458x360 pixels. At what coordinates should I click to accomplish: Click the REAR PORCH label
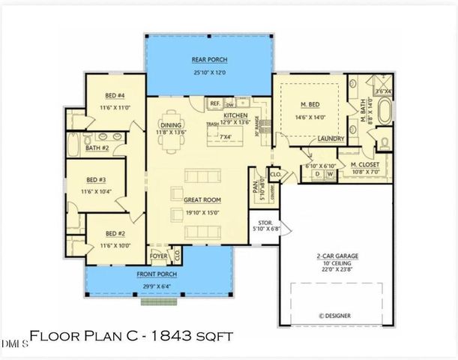[208, 60]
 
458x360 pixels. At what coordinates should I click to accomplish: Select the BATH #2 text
[97, 148]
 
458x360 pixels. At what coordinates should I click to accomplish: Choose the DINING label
[170, 125]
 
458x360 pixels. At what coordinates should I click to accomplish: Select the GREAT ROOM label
[201, 200]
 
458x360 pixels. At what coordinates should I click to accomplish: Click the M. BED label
[311, 104]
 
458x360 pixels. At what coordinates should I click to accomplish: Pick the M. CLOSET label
[365, 163]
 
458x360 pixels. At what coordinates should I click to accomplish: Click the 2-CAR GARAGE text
[338, 256]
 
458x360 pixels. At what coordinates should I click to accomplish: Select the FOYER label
[158, 253]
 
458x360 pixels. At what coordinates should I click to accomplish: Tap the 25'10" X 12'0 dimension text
[208, 73]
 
